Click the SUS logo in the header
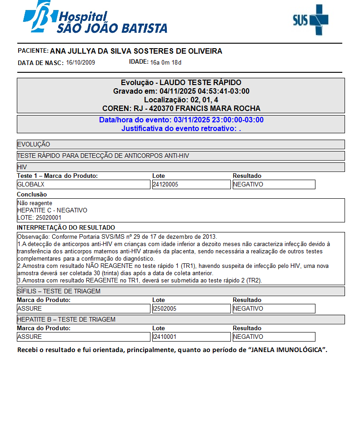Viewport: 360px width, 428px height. click(310, 20)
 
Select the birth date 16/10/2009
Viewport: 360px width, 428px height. click(80, 62)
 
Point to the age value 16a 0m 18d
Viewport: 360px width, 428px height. click(166, 62)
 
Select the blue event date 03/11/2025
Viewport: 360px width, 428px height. click(190, 120)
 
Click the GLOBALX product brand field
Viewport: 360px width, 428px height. click(83, 185)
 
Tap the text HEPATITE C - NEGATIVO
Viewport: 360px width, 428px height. click(52, 211)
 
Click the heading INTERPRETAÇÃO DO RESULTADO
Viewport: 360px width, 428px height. click(66, 227)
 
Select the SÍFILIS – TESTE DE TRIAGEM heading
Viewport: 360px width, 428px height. click(59, 291)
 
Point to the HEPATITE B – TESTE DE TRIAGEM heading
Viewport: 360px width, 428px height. click(66, 319)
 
